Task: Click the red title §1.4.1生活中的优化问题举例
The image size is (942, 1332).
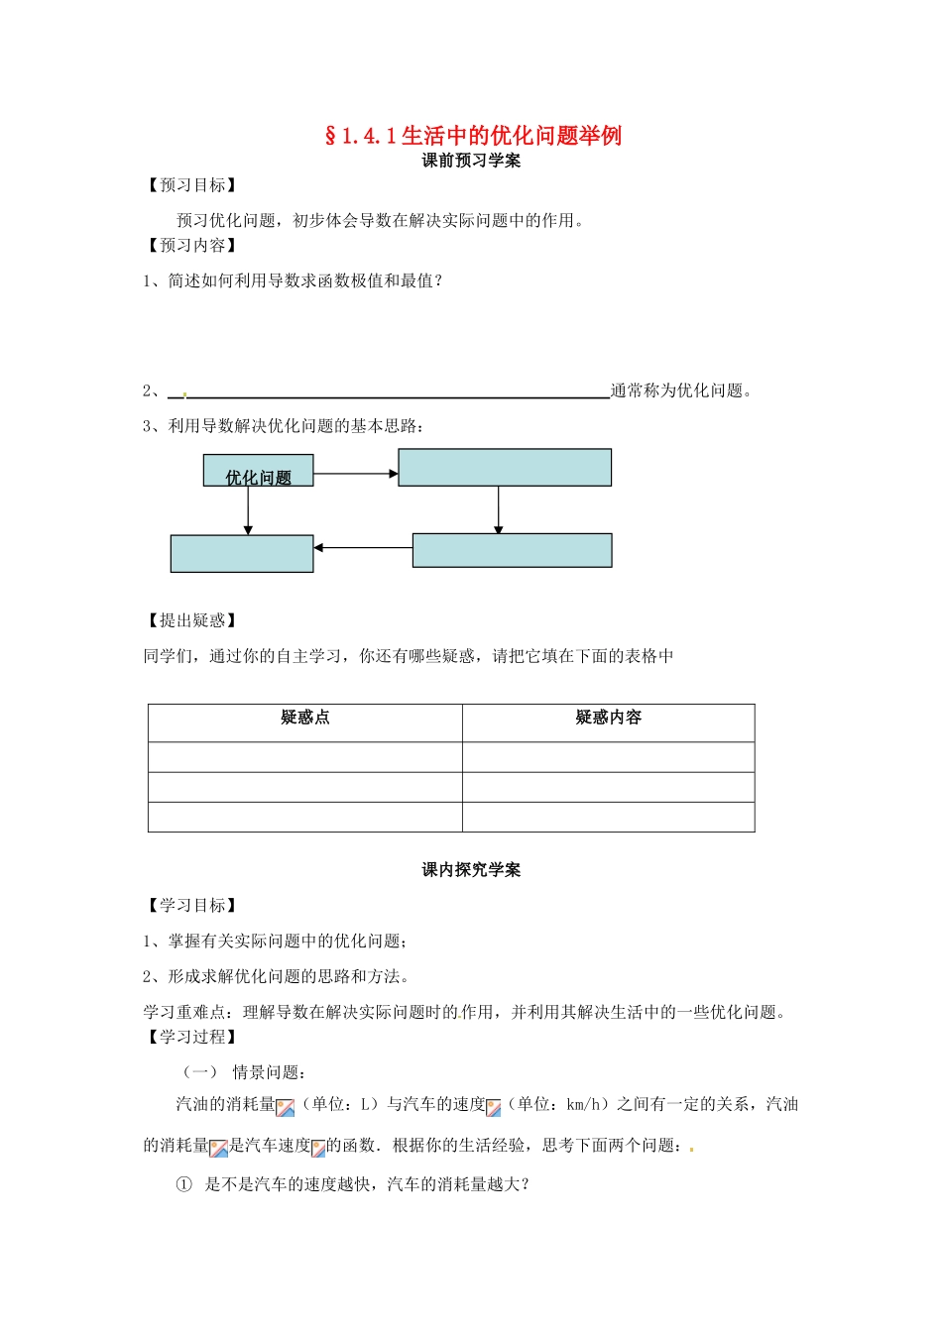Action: coord(473,136)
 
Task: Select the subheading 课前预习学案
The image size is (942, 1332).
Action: coord(471,161)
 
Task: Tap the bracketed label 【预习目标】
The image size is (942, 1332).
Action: coord(192,185)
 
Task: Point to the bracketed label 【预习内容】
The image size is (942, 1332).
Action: coord(192,246)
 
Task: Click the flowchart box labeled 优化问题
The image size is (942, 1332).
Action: coord(259,471)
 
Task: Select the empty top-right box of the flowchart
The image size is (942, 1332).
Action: coord(505,468)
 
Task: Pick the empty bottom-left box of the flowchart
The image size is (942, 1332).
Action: coord(242,554)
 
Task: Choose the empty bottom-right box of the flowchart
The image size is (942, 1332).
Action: coord(512,550)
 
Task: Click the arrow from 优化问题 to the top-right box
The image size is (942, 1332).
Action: coord(355,474)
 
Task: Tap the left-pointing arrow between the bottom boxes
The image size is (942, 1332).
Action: coord(363,547)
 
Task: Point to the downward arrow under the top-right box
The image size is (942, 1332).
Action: coord(499,509)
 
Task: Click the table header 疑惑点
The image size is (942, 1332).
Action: coord(304,718)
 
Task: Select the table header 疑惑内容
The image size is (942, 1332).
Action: coord(608,718)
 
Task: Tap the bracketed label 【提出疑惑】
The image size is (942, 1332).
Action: coord(192,620)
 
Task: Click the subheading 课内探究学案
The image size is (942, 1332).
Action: coord(471,870)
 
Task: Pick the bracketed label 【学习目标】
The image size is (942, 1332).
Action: coord(192,906)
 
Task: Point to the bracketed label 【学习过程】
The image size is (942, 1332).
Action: coord(192,1037)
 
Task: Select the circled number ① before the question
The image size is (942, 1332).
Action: coord(183,1184)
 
